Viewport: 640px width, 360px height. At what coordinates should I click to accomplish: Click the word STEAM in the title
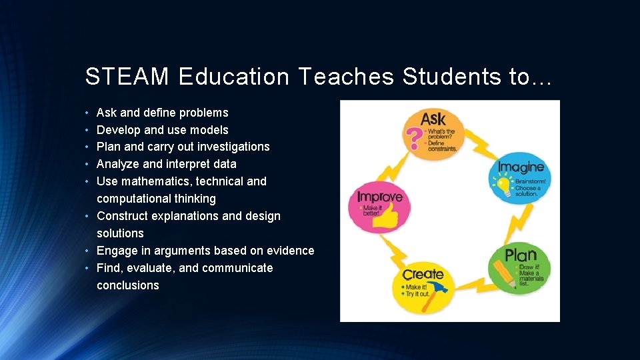[127, 77]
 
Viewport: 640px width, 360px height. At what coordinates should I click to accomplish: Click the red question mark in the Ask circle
[414, 138]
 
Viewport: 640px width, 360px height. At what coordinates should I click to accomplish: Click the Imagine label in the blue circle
[521, 167]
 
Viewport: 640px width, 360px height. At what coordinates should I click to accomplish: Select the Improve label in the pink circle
[379, 197]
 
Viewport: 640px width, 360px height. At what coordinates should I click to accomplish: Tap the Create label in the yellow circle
[423, 274]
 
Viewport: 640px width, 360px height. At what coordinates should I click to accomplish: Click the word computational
[135, 199]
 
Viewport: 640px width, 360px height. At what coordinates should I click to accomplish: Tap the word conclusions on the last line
[128, 285]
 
